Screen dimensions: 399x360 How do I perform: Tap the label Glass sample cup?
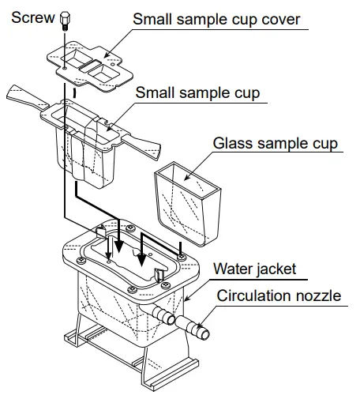(x=276, y=143)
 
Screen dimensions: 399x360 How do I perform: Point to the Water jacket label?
(x=255, y=269)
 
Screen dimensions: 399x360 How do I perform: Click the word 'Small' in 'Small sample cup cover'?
(x=152, y=19)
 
